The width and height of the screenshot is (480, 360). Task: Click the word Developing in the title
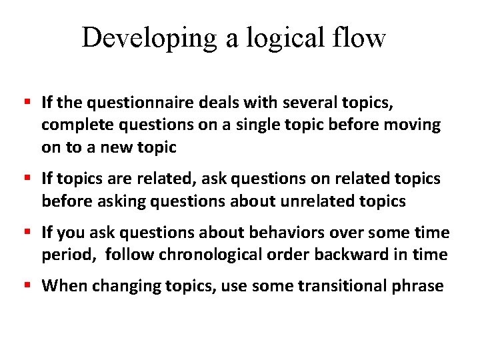(x=149, y=38)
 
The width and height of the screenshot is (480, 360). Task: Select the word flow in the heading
(x=362, y=38)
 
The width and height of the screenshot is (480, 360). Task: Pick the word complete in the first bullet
(x=72, y=125)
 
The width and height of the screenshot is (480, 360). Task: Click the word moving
(x=413, y=125)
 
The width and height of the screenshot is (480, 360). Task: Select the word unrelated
(x=316, y=201)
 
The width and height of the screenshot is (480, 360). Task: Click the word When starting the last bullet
(x=64, y=287)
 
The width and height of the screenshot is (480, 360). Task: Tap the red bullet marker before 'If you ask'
(x=27, y=232)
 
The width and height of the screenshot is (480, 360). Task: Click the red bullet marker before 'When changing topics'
(x=27, y=286)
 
